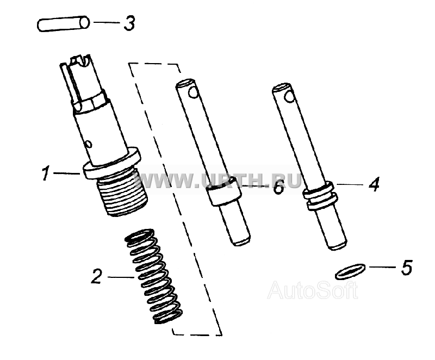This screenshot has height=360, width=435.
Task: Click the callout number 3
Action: tap(129, 23)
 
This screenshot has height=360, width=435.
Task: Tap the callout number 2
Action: tap(97, 276)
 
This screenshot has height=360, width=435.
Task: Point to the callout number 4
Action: tap(374, 184)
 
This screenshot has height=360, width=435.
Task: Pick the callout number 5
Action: tap(407, 267)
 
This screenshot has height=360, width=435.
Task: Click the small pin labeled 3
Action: tap(63, 24)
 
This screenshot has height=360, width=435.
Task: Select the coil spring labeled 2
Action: tap(153, 276)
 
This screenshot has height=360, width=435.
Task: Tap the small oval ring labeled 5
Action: tap(350, 271)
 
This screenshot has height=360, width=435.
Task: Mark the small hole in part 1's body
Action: tap(89, 144)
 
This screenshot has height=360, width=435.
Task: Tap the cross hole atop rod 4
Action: tap(289, 97)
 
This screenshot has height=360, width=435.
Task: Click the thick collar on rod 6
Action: tap(223, 191)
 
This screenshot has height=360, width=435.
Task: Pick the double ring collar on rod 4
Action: tap(320, 196)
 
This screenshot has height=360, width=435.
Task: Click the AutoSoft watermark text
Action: tap(313, 290)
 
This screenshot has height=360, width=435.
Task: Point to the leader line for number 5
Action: tap(383, 267)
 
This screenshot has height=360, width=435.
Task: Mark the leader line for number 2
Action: tap(121, 277)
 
